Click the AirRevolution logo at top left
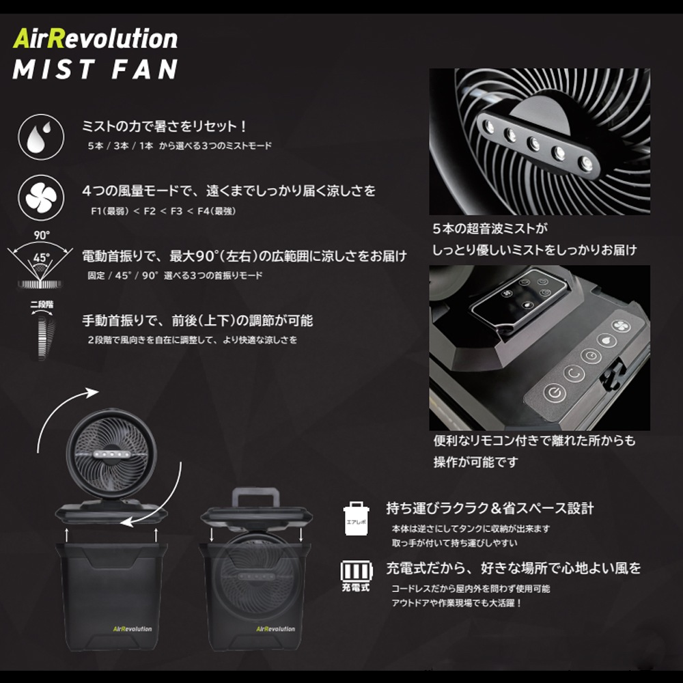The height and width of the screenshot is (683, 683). click(x=96, y=39)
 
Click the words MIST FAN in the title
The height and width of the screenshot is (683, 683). click(x=96, y=69)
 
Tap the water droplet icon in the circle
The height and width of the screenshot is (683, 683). click(x=41, y=137)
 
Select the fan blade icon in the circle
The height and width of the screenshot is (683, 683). click(x=41, y=197)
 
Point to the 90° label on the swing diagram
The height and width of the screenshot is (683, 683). click(x=42, y=235)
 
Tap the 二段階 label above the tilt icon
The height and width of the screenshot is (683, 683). click(x=42, y=305)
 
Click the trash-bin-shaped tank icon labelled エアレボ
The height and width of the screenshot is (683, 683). click(x=356, y=518)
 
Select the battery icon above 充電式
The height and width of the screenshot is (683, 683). click(x=357, y=570)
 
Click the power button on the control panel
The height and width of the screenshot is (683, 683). click(x=555, y=393)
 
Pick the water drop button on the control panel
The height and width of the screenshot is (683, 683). click(x=606, y=340)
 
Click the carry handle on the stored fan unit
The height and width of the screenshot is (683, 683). click(x=255, y=497)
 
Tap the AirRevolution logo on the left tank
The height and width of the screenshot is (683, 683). click(x=133, y=628)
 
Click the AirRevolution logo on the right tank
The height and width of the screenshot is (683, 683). click(x=275, y=628)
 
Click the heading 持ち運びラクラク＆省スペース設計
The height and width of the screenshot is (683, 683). click(x=490, y=508)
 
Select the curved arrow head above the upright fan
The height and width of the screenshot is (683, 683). click(x=92, y=392)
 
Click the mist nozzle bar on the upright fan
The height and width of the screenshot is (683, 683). click(x=111, y=454)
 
